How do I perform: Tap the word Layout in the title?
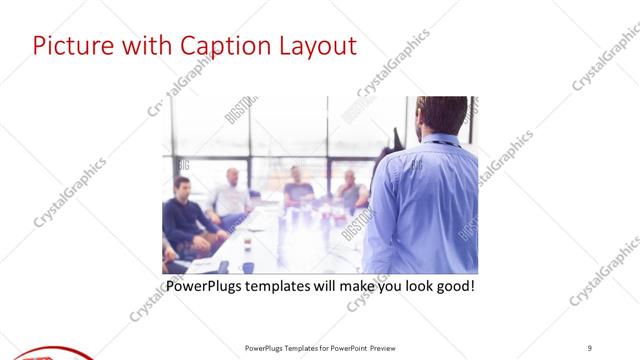point(316,46)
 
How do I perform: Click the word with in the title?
point(145,46)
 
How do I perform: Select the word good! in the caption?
point(453,287)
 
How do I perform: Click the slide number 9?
point(590,347)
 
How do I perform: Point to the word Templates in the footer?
point(296,347)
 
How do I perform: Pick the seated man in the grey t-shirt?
point(298,188)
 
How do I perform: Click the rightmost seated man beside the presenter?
point(350,188)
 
